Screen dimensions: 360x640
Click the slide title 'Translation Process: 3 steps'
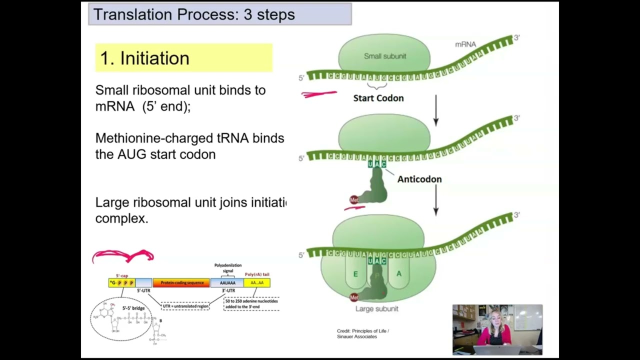194,14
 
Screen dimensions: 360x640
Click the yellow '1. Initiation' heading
145,58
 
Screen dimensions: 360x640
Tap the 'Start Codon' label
378,98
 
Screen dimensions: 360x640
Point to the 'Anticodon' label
419,179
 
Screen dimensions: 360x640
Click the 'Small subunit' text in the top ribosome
384,56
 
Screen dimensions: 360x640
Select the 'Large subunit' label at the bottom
376,309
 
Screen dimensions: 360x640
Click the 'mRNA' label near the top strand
465,44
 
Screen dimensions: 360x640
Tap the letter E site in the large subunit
355,274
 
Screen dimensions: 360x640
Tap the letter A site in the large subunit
398,274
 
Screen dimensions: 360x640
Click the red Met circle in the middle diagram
354,200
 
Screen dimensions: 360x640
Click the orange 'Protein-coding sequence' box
181,283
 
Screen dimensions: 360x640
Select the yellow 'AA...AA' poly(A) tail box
257,283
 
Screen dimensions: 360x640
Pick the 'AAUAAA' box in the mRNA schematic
227,283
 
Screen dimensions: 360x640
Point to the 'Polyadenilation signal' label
228,268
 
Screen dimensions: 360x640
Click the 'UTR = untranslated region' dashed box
185,305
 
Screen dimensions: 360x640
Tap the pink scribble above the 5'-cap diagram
123,256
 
